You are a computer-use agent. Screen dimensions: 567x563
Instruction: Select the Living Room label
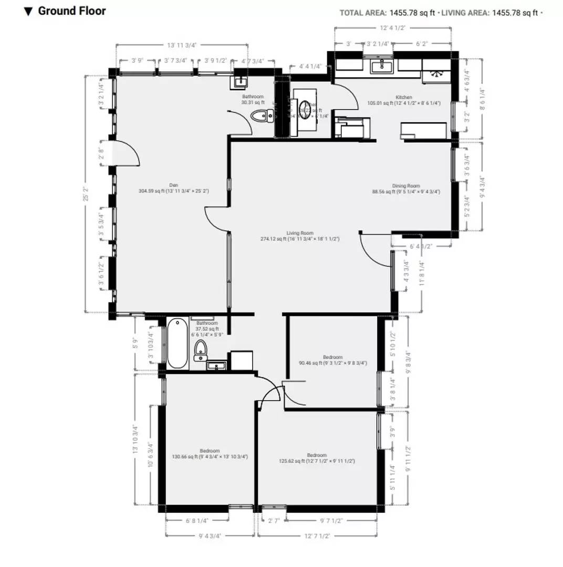pyautogui.click(x=300, y=236)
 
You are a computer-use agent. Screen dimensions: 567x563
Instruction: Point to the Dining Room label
pyautogui.click(x=406, y=188)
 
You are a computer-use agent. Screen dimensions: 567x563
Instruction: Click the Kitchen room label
pyautogui.click(x=404, y=100)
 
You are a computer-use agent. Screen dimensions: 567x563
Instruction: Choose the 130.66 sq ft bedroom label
pyautogui.click(x=210, y=454)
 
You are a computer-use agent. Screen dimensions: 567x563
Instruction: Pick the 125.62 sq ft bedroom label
pyautogui.click(x=317, y=458)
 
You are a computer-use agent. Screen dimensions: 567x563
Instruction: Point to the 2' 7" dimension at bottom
pyautogui.click(x=273, y=521)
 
